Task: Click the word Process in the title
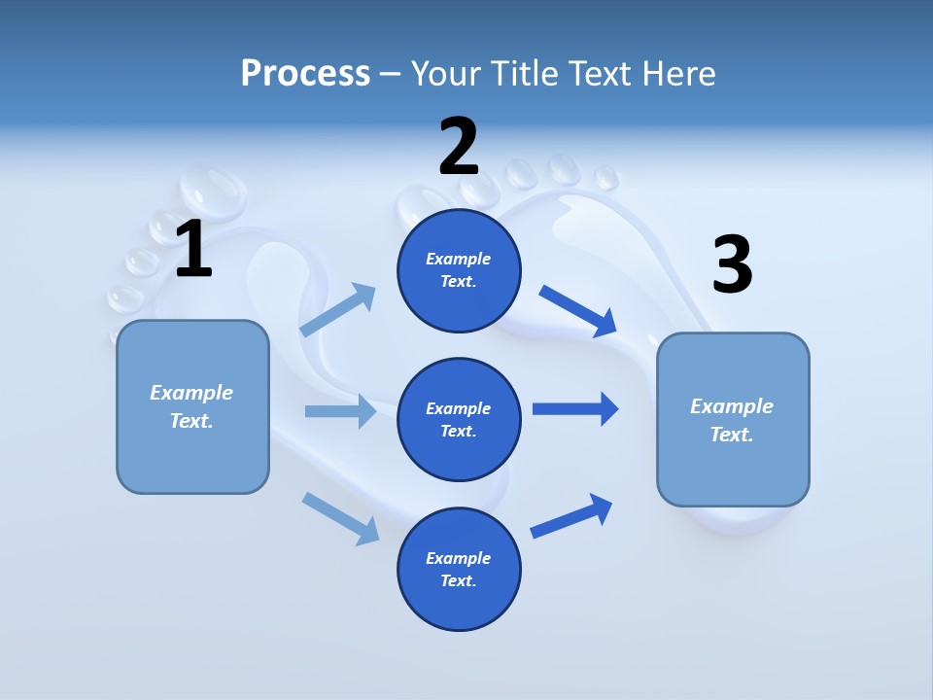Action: [305, 73]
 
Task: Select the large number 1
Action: [193, 250]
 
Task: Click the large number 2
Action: [459, 147]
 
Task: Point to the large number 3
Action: [732, 265]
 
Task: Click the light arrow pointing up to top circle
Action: [338, 310]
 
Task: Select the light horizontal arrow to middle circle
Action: [340, 411]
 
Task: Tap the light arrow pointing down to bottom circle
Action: [340, 517]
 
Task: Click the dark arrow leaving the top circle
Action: [578, 311]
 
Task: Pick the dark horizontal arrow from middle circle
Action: [575, 408]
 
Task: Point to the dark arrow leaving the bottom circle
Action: [571, 515]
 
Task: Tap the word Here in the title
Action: [679, 73]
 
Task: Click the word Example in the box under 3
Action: [732, 406]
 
